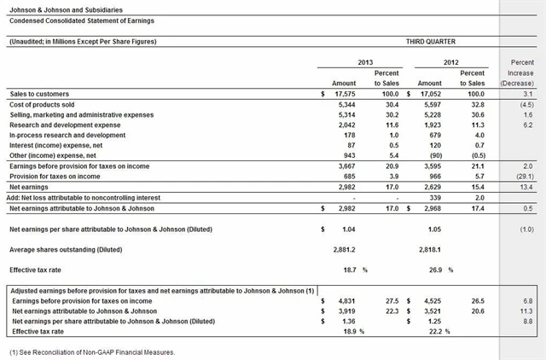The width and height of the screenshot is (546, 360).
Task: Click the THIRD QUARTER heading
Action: (x=433, y=41)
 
